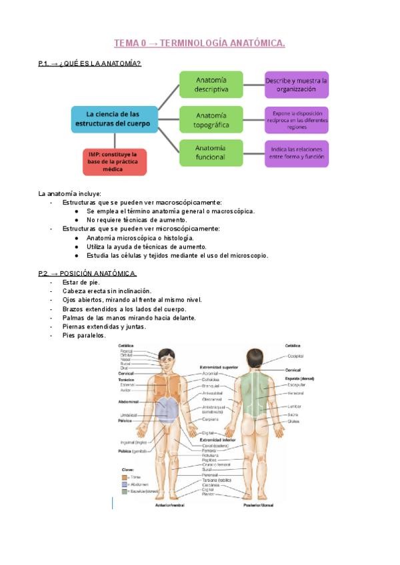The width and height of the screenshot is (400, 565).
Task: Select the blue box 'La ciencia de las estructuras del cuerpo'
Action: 115,119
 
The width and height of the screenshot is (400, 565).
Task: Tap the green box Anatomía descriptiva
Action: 211,84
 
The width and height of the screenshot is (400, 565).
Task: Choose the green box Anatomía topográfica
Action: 211,120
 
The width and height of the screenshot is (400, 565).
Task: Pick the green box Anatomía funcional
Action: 211,153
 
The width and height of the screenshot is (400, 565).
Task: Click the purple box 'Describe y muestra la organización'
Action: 297,84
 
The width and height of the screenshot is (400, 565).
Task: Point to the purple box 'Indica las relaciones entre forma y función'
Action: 297,153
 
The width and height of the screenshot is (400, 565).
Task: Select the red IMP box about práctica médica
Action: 115,162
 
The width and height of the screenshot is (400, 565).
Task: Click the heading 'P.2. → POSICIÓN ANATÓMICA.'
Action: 87,273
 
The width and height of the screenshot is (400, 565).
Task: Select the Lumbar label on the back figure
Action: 294,406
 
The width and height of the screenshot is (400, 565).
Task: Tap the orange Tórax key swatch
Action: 124,477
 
